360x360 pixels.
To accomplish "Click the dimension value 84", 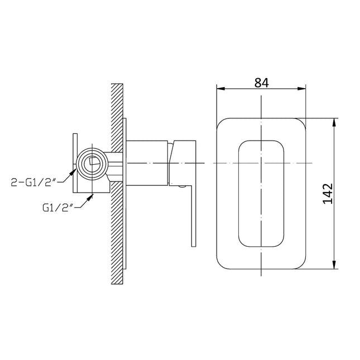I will click(x=261, y=83).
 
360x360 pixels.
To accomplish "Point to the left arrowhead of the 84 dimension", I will click(x=219, y=89).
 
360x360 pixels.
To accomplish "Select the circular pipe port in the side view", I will click(x=91, y=163).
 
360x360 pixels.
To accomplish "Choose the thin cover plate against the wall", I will click(x=125, y=184).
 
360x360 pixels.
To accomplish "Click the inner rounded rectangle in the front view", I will click(x=261, y=193).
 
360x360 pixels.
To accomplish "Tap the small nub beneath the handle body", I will click(x=180, y=187).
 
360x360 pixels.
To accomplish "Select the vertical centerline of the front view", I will click(x=261, y=112).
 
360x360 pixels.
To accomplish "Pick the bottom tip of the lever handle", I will click(x=194, y=244).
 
